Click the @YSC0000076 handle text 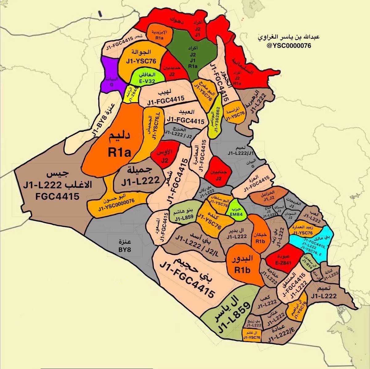(x=287, y=46)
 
